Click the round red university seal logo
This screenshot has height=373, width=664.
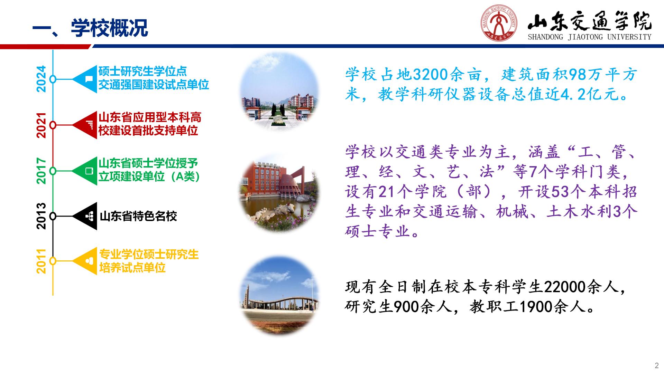click(499, 24)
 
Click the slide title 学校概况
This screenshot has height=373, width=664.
click(110, 28)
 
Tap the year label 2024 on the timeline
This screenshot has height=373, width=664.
click(41, 79)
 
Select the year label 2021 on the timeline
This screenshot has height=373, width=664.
click(41, 125)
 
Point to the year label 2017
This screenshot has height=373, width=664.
click(41, 171)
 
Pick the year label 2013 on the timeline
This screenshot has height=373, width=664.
click(41, 216)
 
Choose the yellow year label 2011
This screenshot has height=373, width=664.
click(41, 261)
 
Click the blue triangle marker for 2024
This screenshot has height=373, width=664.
click(85, 79)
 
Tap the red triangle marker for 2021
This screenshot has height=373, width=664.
click(85, 125)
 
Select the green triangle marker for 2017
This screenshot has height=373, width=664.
click(85, 171)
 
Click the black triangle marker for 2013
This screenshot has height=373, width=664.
click(85, 216)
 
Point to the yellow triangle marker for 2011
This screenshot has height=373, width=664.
click(85, 261)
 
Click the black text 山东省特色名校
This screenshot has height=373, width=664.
click(138, 217)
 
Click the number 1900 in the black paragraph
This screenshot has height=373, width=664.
click(536, 307)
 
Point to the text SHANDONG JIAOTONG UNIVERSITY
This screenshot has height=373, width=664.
click(589, 37)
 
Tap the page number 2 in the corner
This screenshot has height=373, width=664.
click(657, 366)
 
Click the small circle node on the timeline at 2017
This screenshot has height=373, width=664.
click(53, 171)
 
